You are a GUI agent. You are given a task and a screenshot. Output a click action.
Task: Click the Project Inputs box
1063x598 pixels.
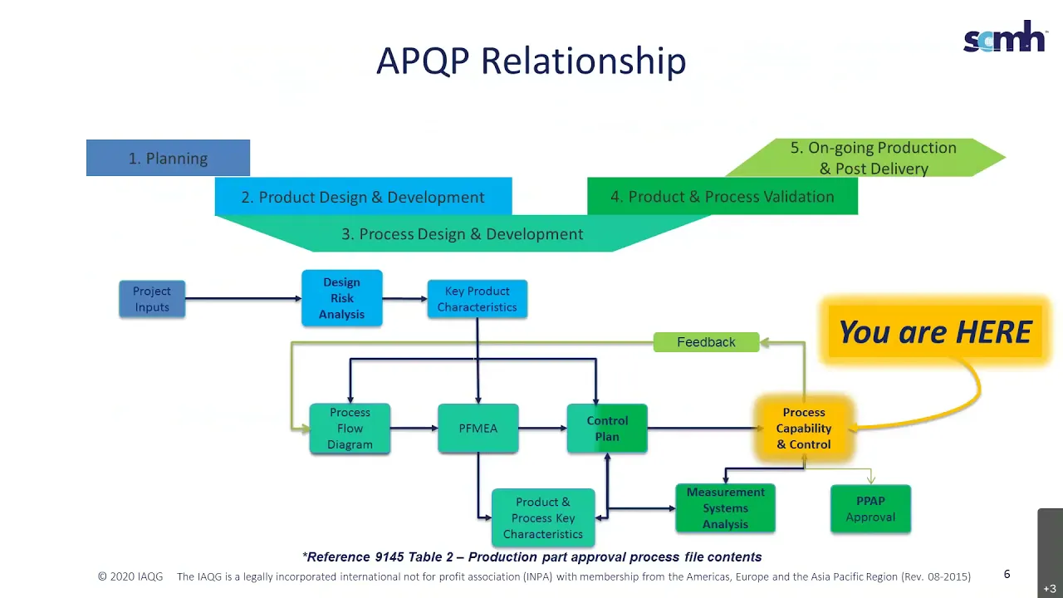pyautogui.click(x=152, y=299)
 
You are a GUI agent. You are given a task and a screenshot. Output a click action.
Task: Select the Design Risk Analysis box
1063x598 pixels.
pyautogui.click(x=341, y=298)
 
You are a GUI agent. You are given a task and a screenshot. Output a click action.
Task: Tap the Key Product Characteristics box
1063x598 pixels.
pyautogui.click(x=477, y=299)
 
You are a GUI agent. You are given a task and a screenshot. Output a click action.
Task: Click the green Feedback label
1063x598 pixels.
pyautogui.click(x=706, y=342)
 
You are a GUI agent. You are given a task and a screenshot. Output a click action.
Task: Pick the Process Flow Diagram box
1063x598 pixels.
pyautogui.click(x=350, y=429)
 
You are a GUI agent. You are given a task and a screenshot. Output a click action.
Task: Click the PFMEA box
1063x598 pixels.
pyautogui.click(x=478, y=429)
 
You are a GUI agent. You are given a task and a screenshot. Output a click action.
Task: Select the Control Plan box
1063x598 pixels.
pyautogui.click(x=607, y=429)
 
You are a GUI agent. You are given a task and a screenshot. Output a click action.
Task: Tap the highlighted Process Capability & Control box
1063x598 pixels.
pyautogui.click(x=804, y=429)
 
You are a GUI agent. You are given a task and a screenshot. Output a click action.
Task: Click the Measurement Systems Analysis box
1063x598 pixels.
pyautogui.click(x=725, y=508)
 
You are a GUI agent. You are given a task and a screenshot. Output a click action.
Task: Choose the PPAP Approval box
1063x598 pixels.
pyautogui.click(x=870, y=509)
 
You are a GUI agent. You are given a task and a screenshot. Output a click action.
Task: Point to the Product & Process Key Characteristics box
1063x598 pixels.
pyautogui.click(x=543, y=517)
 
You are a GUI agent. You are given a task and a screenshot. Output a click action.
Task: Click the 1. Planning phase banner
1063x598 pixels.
pyautogui.click(x=168, y=158)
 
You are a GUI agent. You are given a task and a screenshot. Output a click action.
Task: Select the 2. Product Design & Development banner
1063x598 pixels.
pyautogui.click(x=363, y=197)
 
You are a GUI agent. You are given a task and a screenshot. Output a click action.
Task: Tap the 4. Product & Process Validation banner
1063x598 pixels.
pyautogui.click(x=723, y=196)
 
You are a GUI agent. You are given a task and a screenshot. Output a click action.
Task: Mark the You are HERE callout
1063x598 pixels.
pyautogui.click(x=935, y=331)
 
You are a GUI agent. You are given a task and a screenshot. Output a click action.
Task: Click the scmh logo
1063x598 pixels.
pyautogui.click(x=1004, y=37)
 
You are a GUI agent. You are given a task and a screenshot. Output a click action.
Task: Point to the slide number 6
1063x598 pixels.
pyautogui.click(x=1007, y=574)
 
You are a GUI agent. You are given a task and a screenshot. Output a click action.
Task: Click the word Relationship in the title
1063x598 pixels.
pyautogui.click(x=584, y=61)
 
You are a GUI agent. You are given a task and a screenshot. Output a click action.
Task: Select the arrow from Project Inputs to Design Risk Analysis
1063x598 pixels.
pyautogui.click(x=243, y=298)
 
